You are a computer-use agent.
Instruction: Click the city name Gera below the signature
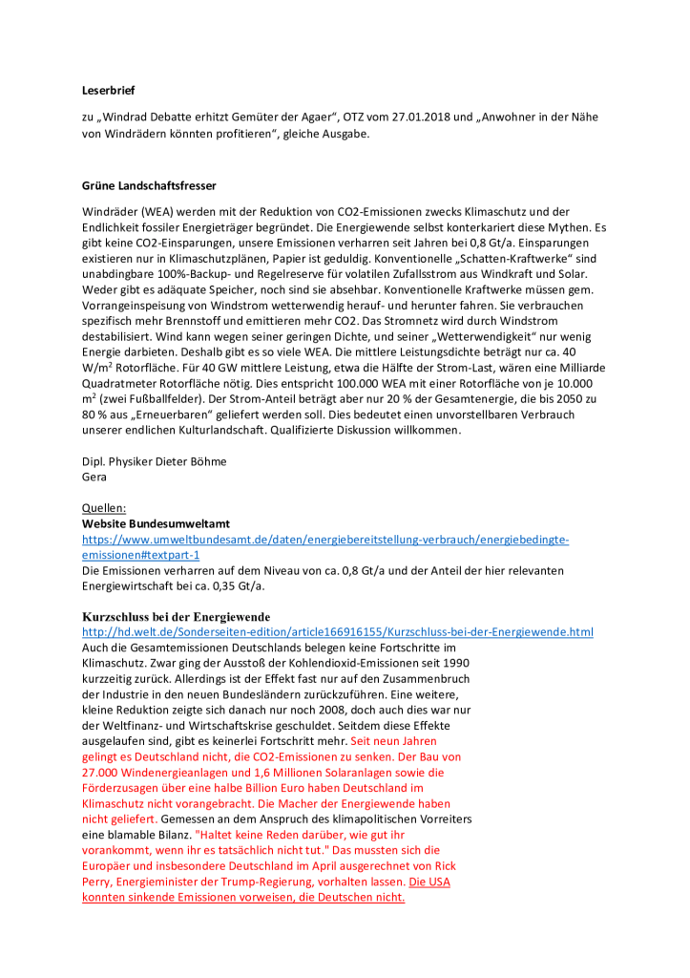pyautogui.click(x=94, y=477)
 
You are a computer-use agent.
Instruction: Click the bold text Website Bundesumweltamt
pyautogui.click(x=156, y=523)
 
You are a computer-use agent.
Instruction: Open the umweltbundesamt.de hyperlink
pyautogui.click(x=324, y=540)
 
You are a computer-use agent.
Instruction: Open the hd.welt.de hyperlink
pyautogui.click(x=337, y=632)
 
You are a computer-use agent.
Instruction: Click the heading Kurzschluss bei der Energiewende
pyautogui.click(x=176, y=616)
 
